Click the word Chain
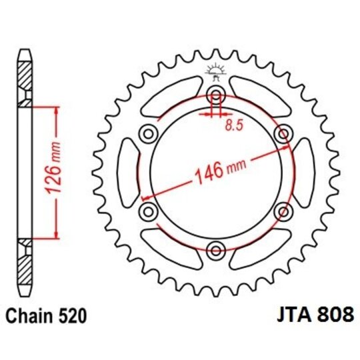(30, 313)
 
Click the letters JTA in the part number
(293, 313)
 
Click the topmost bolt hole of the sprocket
(216, 93)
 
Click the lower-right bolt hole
(285, 211)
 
